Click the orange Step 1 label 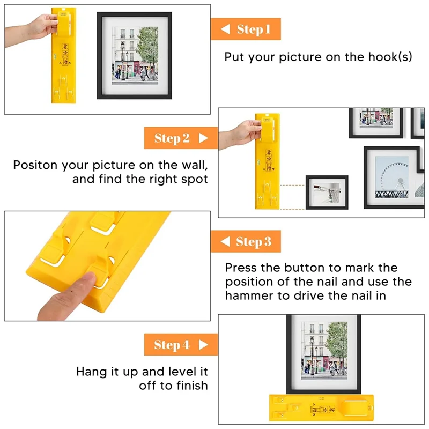pos(246,29)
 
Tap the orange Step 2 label pos(181,138)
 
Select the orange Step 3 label pos(246,241)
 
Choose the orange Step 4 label pos(181,344)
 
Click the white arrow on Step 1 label pos(225,29)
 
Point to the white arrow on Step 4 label pos(203,345)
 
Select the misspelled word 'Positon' pos(35,165)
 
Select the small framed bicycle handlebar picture pos(327,193)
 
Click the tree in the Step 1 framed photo pos(148,49)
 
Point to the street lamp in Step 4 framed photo pos(312,355)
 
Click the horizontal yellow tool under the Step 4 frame pos(321,408)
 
